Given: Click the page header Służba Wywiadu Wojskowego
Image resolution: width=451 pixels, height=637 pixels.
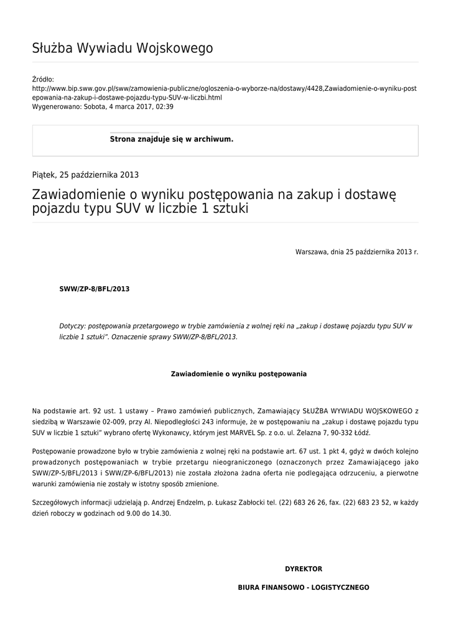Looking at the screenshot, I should click(122, 49).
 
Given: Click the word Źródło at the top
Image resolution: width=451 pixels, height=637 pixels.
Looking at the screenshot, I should click(42, 80).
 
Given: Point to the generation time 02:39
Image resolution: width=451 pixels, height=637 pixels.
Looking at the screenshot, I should click(165, 107).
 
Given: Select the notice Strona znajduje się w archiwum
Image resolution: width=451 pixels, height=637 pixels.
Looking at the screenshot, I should click(171, 139).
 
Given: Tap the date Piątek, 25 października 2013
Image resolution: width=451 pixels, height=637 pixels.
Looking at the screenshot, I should click(85, 175).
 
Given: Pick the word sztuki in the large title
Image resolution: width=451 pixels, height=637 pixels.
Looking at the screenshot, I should click(230, 209).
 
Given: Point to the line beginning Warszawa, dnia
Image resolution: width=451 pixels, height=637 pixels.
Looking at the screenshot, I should click(356, 252).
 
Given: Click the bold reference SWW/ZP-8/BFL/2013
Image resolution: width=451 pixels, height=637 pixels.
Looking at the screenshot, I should click(94, 289).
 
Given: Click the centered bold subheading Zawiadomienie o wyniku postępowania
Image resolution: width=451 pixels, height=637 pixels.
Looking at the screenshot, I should click(238, 374).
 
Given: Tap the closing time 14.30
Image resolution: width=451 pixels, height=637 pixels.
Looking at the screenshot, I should click(160, 514).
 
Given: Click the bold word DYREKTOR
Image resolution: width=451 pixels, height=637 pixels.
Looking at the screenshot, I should click(304, 569).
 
